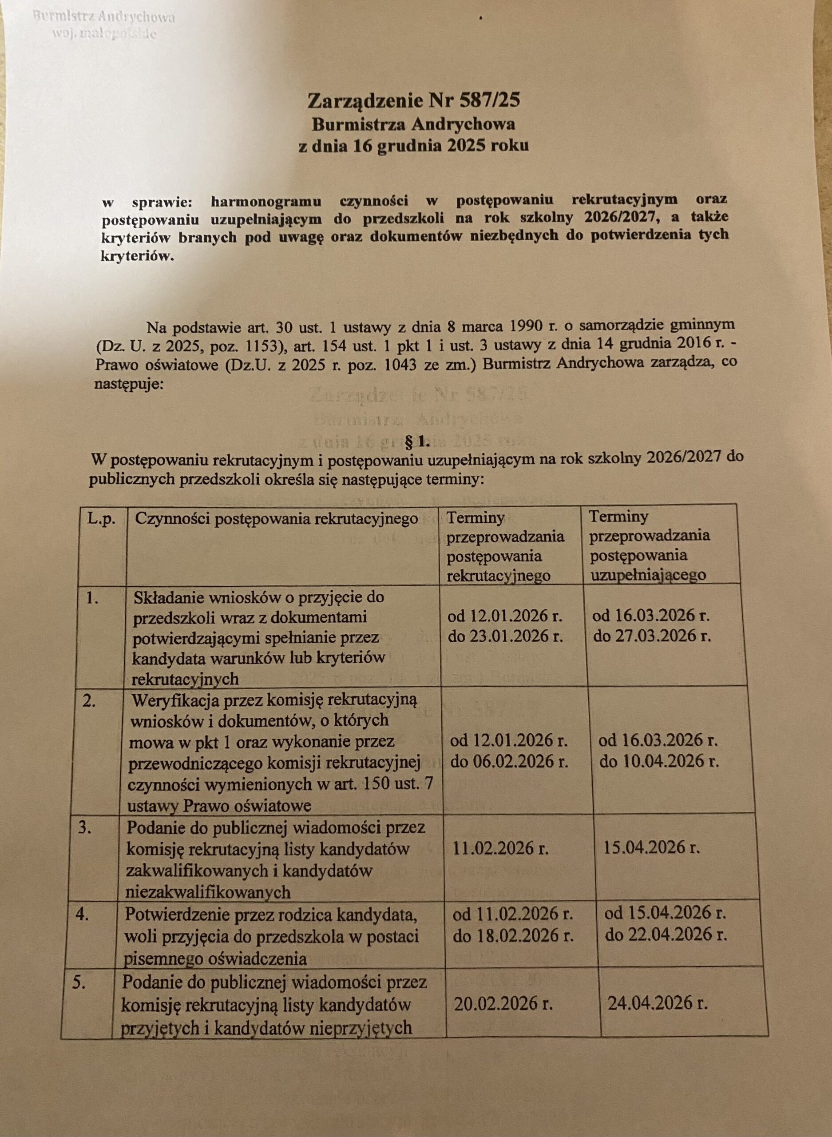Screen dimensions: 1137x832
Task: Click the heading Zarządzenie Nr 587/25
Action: coord(413,101)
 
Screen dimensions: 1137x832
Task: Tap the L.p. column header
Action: coord(101,519)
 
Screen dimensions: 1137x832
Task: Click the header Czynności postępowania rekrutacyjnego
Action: coord(276,519)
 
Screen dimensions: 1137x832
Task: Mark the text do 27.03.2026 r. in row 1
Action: coord(652,636)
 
